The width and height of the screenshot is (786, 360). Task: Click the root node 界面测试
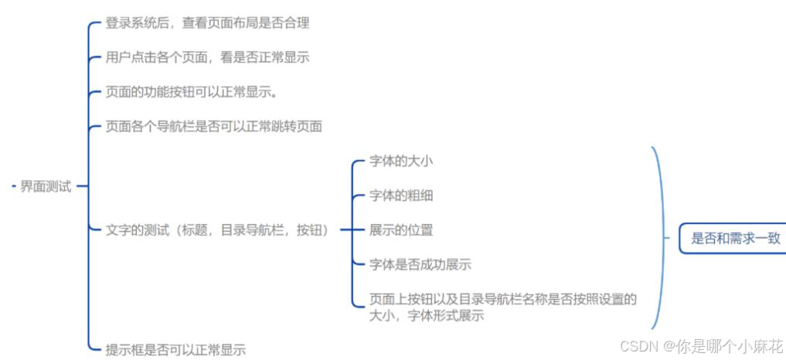point(46,186)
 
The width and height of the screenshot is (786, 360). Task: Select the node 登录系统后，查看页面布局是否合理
point(207,23)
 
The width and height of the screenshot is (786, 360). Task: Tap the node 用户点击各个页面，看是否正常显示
point(207,57)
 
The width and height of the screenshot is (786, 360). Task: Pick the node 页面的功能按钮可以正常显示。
point(192,92)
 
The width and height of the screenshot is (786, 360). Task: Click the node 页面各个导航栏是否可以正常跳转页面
point(213,127)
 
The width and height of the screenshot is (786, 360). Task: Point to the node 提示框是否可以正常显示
point(175,350)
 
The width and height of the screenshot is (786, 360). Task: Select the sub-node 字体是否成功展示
point(420,264)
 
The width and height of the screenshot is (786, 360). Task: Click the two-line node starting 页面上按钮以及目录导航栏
point(502,307)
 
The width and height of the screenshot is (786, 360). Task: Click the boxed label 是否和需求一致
point(735,238)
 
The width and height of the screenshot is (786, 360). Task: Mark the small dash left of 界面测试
point(15,186)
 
